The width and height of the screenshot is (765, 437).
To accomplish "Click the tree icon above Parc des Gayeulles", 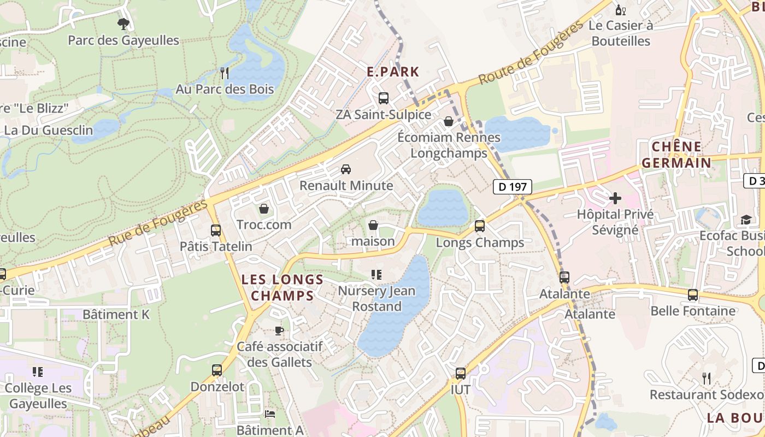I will click(123, 23).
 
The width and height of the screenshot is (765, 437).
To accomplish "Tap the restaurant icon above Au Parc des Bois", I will click(224, 72).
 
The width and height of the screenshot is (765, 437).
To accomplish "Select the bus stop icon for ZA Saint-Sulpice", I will click(384, 98).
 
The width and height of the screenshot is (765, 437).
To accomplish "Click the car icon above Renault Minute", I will click(345, 169).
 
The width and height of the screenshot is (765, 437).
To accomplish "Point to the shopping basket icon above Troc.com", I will click(264, 209).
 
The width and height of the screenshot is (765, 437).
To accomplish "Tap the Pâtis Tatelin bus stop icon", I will click(216, 230).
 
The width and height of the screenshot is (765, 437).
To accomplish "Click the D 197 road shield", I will click(512, 187).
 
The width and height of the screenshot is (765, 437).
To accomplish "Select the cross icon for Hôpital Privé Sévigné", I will click(615, 198).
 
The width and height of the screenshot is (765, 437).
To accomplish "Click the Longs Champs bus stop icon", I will click(480, 226).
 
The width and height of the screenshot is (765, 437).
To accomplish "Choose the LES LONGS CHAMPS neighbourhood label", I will click(283, 288).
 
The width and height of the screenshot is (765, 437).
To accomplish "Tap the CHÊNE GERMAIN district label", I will click(676, 155).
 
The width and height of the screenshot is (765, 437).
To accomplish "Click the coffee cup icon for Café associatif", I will click(279, 330).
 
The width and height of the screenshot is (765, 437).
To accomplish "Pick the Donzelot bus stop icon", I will click(217, 370).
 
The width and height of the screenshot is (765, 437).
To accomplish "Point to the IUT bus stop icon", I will click(461, 374).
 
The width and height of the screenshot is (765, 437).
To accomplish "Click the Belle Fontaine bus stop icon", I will click(693, 295).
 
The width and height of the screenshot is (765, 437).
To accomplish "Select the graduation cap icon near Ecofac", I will click(746, 220).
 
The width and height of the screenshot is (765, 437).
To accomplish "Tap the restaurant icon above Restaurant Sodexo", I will click(706, 378).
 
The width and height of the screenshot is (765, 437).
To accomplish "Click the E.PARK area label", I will click(393, 72).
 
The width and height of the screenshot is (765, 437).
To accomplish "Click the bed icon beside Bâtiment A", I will click(270, 414).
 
